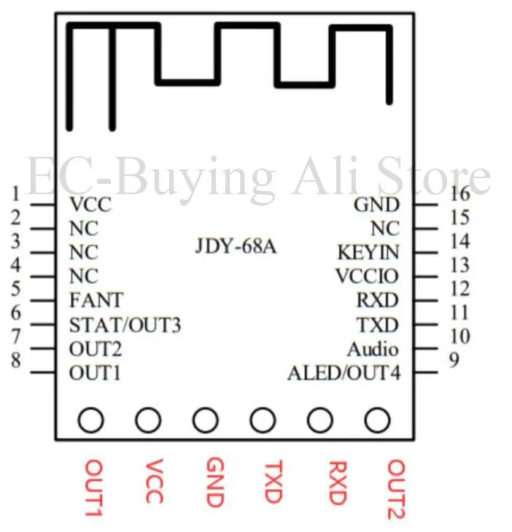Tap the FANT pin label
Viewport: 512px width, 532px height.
tap(96, 300)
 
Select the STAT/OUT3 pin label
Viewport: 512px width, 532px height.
tap(125, 325)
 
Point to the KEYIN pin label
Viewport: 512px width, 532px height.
tap(368, 252)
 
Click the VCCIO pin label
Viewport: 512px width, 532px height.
tap(368, 277)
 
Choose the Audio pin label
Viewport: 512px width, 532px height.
tap(373, 349)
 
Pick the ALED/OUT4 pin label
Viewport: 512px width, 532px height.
tap(344, 374)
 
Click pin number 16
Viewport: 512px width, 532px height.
tap(459, 193)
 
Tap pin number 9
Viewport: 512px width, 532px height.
tap(454, 361)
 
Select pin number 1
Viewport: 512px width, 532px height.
tap(15, 193)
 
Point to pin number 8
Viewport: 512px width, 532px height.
tap(15, 361)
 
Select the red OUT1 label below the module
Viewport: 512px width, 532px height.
tap(93, 487)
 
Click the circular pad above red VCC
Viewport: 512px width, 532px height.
tap(148, 420)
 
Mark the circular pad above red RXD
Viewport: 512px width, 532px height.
tap(319, 420)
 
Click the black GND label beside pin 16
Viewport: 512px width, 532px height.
tap(376, 205)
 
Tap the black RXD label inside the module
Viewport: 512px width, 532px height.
tap(377, 301)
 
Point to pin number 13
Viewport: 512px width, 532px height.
tap(459, 265)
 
